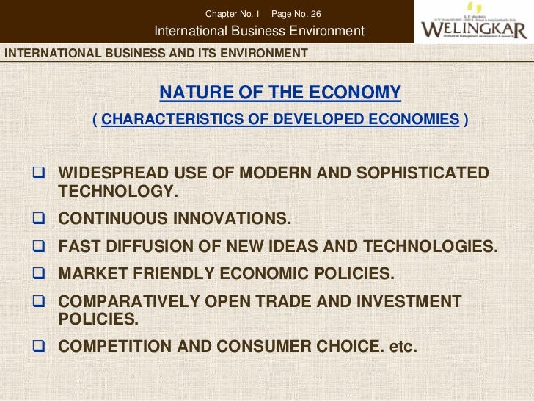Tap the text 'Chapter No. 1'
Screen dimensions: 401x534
233,14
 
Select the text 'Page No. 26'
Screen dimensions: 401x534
296,14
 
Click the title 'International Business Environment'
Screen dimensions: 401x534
259,31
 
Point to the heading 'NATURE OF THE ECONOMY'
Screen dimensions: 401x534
280,93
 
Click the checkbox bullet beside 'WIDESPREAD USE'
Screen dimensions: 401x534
40,174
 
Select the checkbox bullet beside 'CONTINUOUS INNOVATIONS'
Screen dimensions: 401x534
40,219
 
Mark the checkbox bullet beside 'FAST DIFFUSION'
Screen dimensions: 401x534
40,247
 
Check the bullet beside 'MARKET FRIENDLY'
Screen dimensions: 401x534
40,274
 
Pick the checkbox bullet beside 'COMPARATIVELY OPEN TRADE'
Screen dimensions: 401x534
40,302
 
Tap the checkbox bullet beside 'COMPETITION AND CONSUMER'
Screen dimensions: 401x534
40,346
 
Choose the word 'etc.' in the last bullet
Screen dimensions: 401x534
403,346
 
